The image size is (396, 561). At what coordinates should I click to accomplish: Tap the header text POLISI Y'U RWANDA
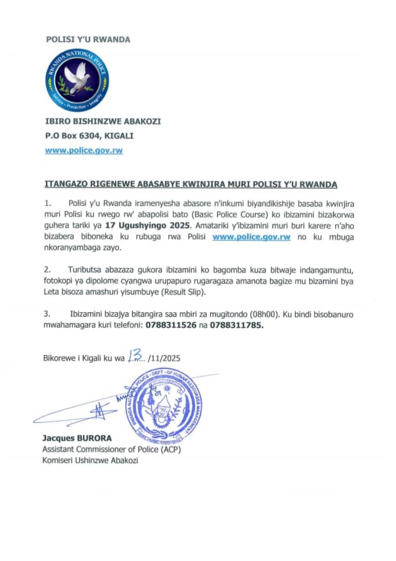[88, 40]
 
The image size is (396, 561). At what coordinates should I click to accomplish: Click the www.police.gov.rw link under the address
[84, 150]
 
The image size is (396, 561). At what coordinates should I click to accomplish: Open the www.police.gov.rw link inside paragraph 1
[251, 237]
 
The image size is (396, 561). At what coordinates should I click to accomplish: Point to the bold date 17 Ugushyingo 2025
[147, 225]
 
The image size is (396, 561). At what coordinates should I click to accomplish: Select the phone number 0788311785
[236, 326]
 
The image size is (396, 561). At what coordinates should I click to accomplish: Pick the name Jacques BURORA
[76, 438]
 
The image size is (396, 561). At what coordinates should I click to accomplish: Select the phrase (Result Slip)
[183, 293]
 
